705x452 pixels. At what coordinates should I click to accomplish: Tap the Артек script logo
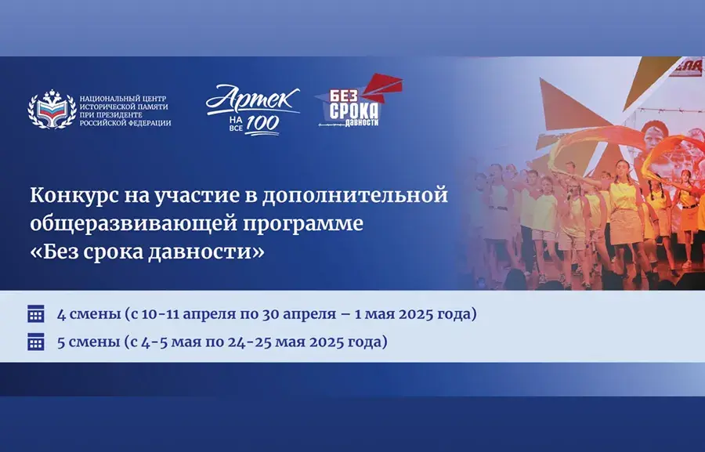click(253, 99)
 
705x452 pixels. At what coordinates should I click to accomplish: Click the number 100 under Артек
click(262, 125)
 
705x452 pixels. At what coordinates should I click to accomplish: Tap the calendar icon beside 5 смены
click(36, 342)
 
